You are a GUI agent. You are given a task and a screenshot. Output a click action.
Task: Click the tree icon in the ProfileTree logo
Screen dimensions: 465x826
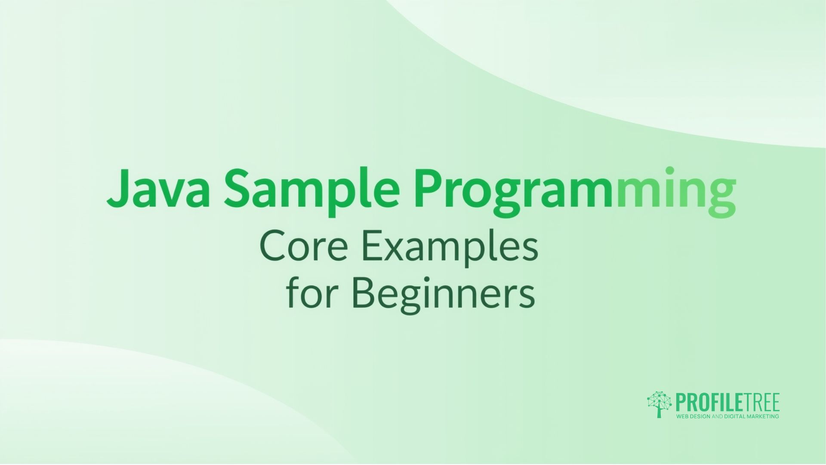tap(659, 404)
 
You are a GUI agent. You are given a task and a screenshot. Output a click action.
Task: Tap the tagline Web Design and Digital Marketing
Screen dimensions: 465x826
tap(727, 416)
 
